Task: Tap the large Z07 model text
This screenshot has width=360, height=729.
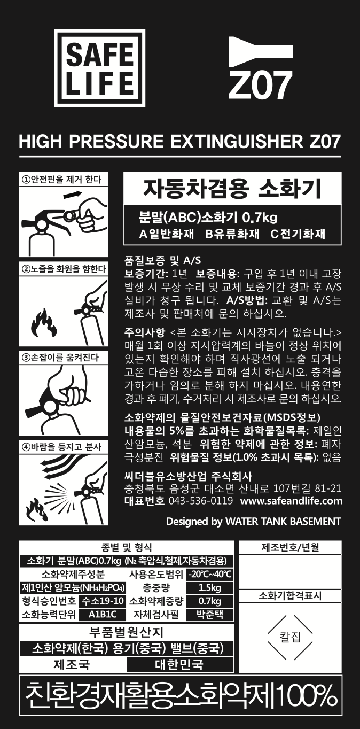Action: click(x=260, y=86)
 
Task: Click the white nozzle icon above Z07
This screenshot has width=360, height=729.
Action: click(x=261, y=52)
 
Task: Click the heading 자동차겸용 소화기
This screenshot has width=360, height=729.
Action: click(x=232, y=189)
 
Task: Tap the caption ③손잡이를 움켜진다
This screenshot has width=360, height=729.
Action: click(x=60, y=358)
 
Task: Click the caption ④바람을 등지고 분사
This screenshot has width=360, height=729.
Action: click(x=61, y=447)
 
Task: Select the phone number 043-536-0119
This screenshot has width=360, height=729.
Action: click(x=201, y=501)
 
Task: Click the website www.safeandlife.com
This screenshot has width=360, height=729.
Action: click(x=291, y=501)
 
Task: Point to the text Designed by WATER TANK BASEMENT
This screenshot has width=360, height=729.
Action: click(x=253, y=522)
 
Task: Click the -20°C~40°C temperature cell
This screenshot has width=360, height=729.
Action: click(x=210, y=575)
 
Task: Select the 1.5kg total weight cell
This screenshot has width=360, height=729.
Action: click(x=210, y=588)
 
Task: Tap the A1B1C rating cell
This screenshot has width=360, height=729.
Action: click(x=103, y=615)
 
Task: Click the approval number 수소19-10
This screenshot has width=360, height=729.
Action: click(x=103, y=601)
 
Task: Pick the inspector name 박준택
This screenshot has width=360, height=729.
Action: click(x=210, y=615)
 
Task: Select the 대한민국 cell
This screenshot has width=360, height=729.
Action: click(x=180, y=664)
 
